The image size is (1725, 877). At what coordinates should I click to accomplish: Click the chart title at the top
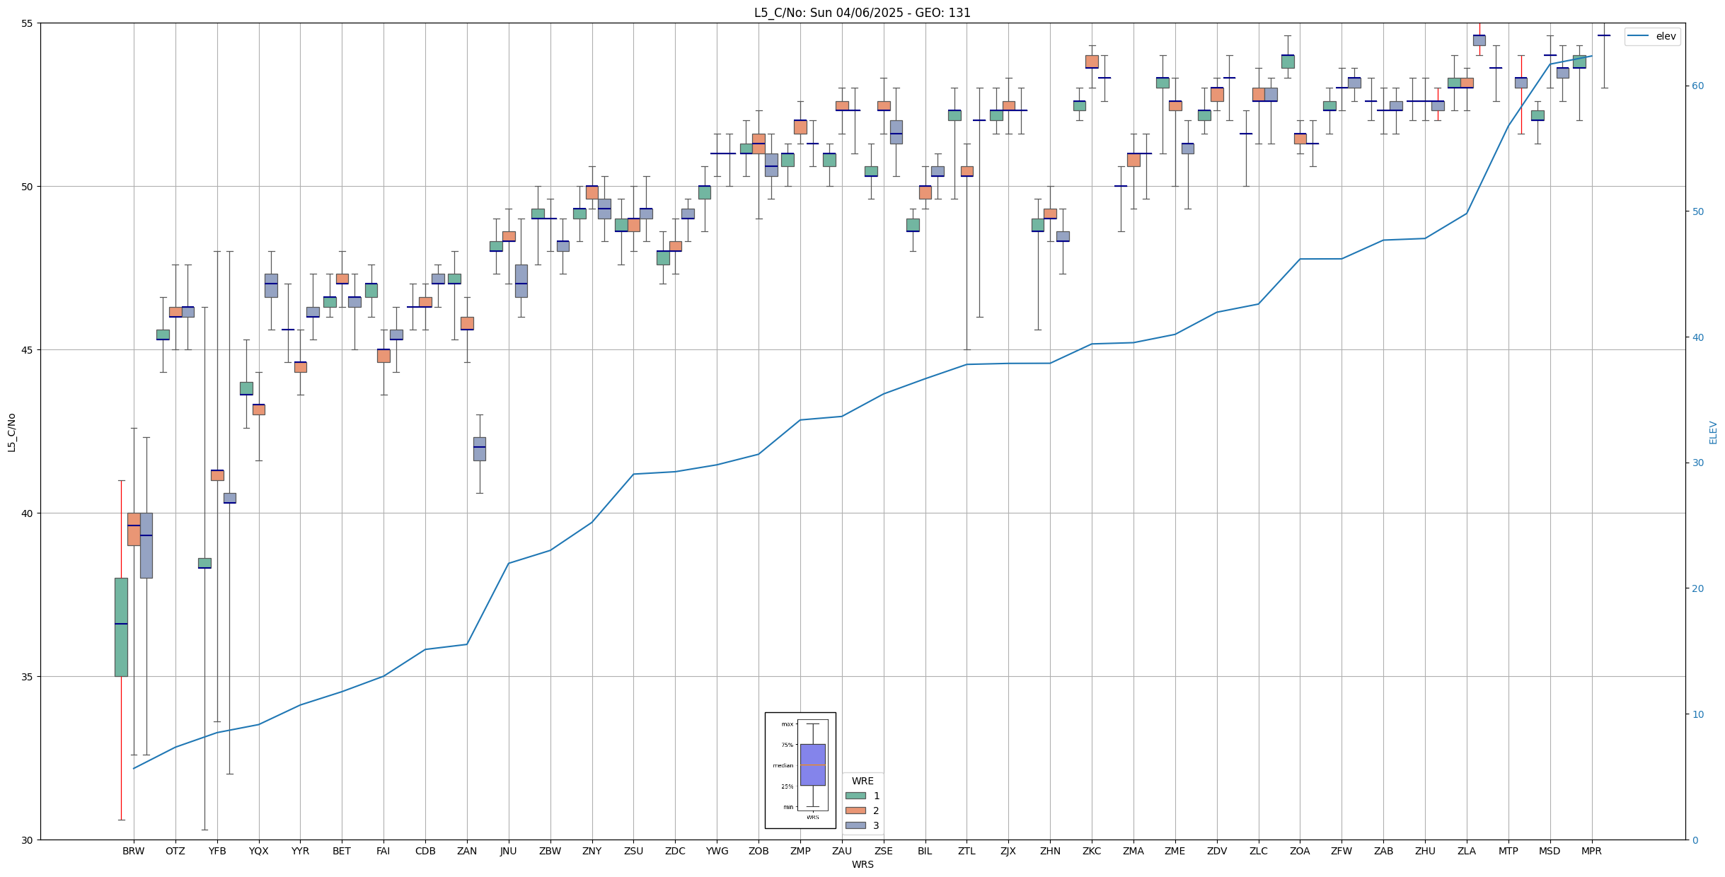(x=862, y=13)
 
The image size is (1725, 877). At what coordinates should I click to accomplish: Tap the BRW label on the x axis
(x=133, y=851)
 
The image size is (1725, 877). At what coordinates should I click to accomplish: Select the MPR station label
(x=1591, y=851)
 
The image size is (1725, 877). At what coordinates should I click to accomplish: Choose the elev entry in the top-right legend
(x=1666, y=37)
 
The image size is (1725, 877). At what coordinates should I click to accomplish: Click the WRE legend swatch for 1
(x=855, y=796)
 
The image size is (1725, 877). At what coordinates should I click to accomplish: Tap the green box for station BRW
(x=121, y=627)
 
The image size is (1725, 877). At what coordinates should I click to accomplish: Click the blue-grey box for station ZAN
(x=479, y=448)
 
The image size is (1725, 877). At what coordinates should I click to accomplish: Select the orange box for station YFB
(x=217, y=475)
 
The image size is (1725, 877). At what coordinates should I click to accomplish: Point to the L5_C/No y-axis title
(x=11, y=432)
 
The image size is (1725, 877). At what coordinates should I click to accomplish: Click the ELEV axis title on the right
(x=1713, y=432)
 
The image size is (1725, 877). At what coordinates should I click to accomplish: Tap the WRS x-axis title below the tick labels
(x=862, y=864)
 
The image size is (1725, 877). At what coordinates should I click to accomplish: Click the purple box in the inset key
(x=812, y=765)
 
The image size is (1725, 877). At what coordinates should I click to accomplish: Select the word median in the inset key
(x=783, y=765)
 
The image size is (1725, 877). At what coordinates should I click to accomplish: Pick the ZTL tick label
(x=967, y=851)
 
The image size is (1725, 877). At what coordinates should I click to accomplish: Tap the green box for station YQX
(x=246, y=388)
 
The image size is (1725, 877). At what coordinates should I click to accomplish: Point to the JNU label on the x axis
(x=508, y=851)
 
